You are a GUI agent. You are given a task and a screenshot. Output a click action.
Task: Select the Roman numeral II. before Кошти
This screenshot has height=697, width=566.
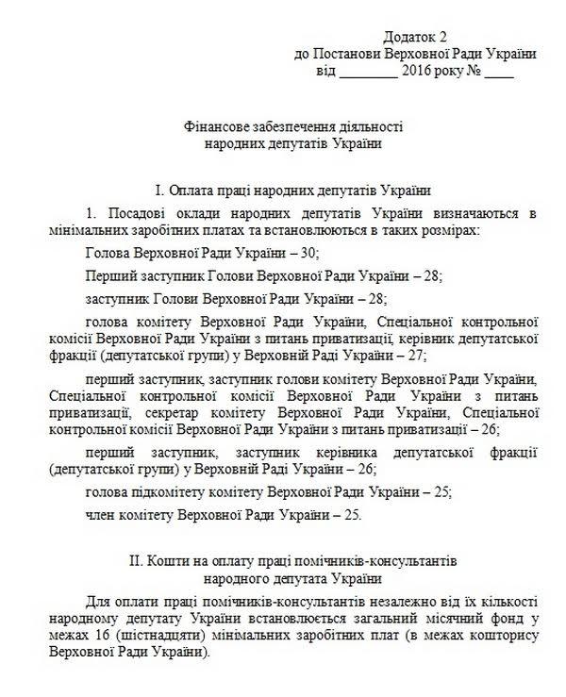click(x=138, y=560)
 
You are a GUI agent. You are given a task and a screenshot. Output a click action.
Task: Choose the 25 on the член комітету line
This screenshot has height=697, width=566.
click(x=349, y=515)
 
